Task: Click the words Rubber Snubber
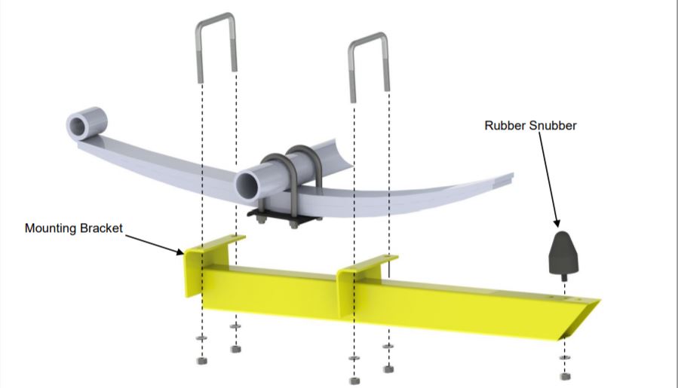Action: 530,126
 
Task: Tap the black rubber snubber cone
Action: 563,252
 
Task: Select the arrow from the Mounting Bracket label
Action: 155,242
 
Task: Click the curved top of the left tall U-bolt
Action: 216,18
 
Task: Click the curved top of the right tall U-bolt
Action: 370,38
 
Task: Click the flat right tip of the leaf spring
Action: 507,180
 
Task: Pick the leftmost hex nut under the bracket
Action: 201,361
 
